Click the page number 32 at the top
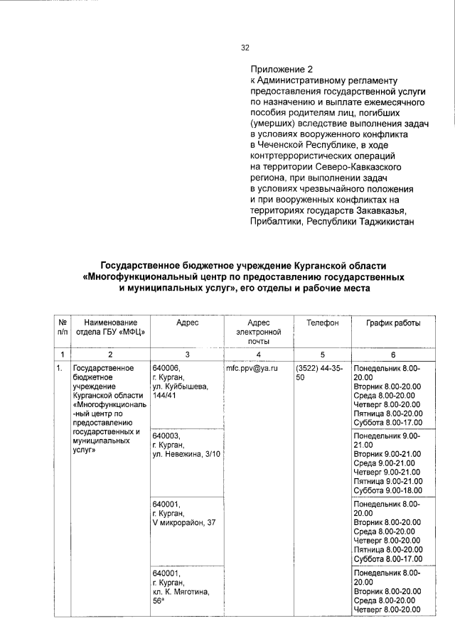coord(245,48)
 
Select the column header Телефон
coord(322,323)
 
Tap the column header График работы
coord(393,323)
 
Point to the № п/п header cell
coord(62,327)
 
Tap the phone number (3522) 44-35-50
coord(319,374)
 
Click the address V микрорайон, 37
coord(184,523)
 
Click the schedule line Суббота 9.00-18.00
coord(387,490)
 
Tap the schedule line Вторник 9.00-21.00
coord(387,453)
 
